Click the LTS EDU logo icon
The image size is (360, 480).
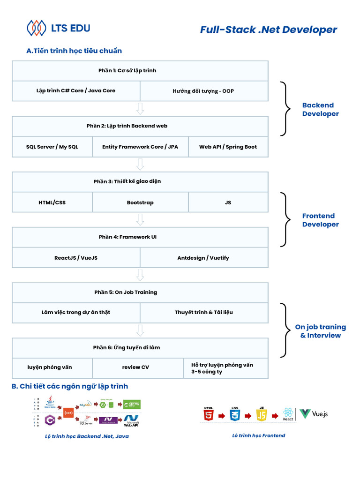click(37, 28)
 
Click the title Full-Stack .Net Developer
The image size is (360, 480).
click(268, 30)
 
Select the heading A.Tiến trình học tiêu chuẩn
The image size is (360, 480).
click(74, 51)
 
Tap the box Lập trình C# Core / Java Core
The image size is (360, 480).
click(76, 91)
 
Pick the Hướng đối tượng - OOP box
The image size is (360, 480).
click(204, 91)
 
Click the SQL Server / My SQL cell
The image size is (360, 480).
click(52, 147)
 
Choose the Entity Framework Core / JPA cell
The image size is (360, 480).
click(140, 147)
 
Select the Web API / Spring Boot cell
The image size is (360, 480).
click(228, 147)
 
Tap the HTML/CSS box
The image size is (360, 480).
click(52, 202)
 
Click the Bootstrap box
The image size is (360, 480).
click(140, 202)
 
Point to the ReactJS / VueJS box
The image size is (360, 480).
click(76, 258)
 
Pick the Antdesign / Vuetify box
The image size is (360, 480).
click(204, 258)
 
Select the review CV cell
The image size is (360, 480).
click(135, 367)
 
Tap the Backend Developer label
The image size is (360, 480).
click(320, 110)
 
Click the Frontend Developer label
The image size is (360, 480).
click(320, 220)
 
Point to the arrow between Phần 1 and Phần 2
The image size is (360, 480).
click(140, 109)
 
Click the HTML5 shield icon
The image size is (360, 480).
click(209, 414)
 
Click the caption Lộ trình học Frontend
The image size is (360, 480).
click(258, 435)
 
